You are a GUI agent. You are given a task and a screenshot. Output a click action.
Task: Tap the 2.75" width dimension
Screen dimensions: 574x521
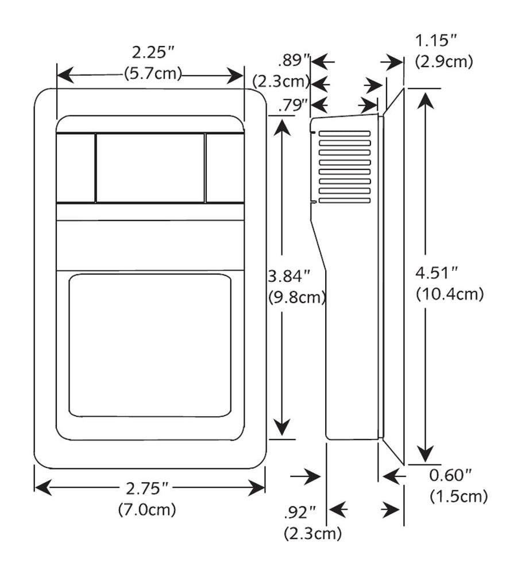click(149, 489)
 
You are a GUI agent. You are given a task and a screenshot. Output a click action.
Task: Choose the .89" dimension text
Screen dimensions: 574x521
click(294, 60)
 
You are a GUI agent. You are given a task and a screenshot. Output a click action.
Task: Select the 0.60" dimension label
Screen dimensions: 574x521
click(451, 475)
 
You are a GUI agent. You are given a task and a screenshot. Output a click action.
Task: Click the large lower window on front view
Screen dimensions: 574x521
click(149, 346)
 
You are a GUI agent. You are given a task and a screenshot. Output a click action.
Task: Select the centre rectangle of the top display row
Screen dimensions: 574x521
click(150, 168)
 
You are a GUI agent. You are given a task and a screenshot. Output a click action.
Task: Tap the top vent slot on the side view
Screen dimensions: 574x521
click(344, 134)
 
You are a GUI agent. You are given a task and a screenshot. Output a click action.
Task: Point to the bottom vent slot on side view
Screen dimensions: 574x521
click(344, 201)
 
